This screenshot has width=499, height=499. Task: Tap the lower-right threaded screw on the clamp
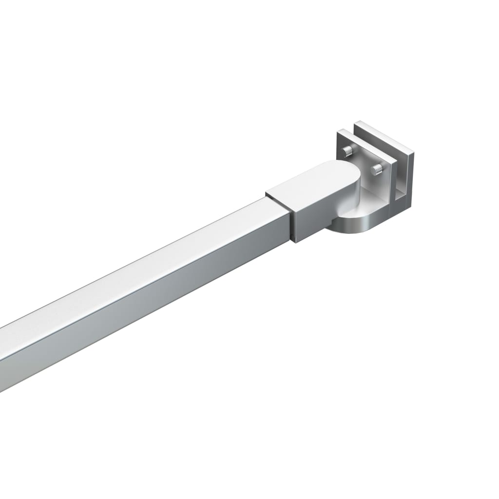(378, 169)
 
